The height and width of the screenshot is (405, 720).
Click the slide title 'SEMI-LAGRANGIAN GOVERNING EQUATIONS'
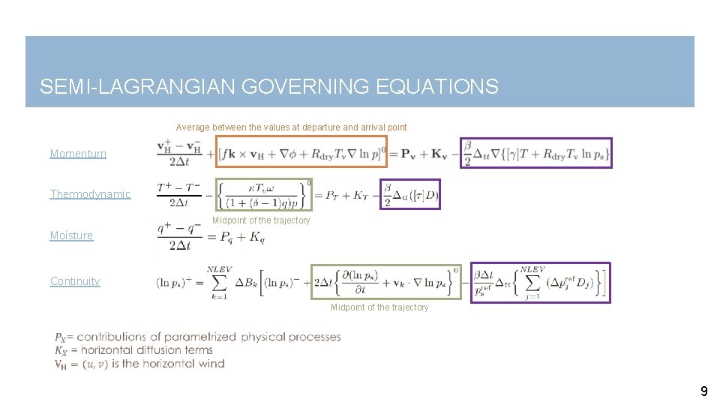tap(268, 87)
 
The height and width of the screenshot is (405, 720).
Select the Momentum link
tap(78, 154)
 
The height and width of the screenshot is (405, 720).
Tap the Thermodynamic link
tap(90, 194)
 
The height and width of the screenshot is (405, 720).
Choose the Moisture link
tap(71, 235)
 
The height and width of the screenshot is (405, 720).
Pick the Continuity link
tap(75, 281)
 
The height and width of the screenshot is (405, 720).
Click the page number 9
tap(703, 391)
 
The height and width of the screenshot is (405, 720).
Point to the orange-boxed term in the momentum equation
tap(301, 152)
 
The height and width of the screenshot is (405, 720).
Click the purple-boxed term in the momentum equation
tap(535, 152)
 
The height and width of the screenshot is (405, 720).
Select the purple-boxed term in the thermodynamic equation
tap(409, 194)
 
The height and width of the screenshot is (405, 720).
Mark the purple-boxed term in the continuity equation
tap(540, 282)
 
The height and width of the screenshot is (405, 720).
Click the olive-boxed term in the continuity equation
tap(385, 282)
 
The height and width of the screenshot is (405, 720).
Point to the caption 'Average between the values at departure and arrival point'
tap(291, 127)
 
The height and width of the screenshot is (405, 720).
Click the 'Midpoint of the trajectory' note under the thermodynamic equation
tap(261, 220)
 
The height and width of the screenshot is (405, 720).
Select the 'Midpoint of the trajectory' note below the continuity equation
tap(379, 307)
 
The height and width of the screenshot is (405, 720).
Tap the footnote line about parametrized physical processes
tap(197, 337)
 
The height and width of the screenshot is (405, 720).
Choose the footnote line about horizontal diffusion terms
tap(133, 350)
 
